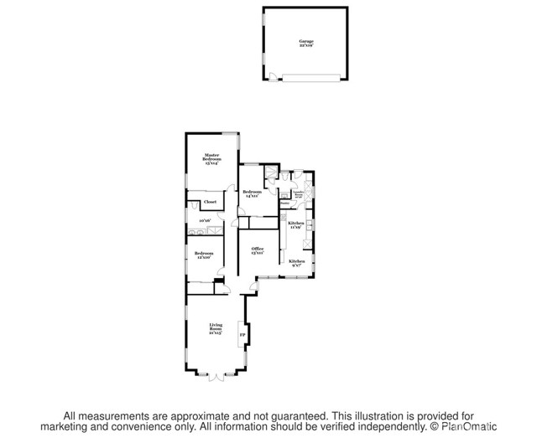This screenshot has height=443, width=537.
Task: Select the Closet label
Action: pos(210,202)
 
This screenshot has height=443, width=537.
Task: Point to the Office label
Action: pos(258,249)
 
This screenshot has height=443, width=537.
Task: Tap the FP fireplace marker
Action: pos(242,337)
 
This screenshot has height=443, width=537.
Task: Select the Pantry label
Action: pos(285,202)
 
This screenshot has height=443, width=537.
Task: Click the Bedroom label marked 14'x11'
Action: pos(251,192)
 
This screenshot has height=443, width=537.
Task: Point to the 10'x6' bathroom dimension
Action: pos(205,221)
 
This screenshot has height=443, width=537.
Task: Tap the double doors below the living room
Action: pos(213,374)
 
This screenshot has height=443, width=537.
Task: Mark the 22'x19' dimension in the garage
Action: pos(306,44)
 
